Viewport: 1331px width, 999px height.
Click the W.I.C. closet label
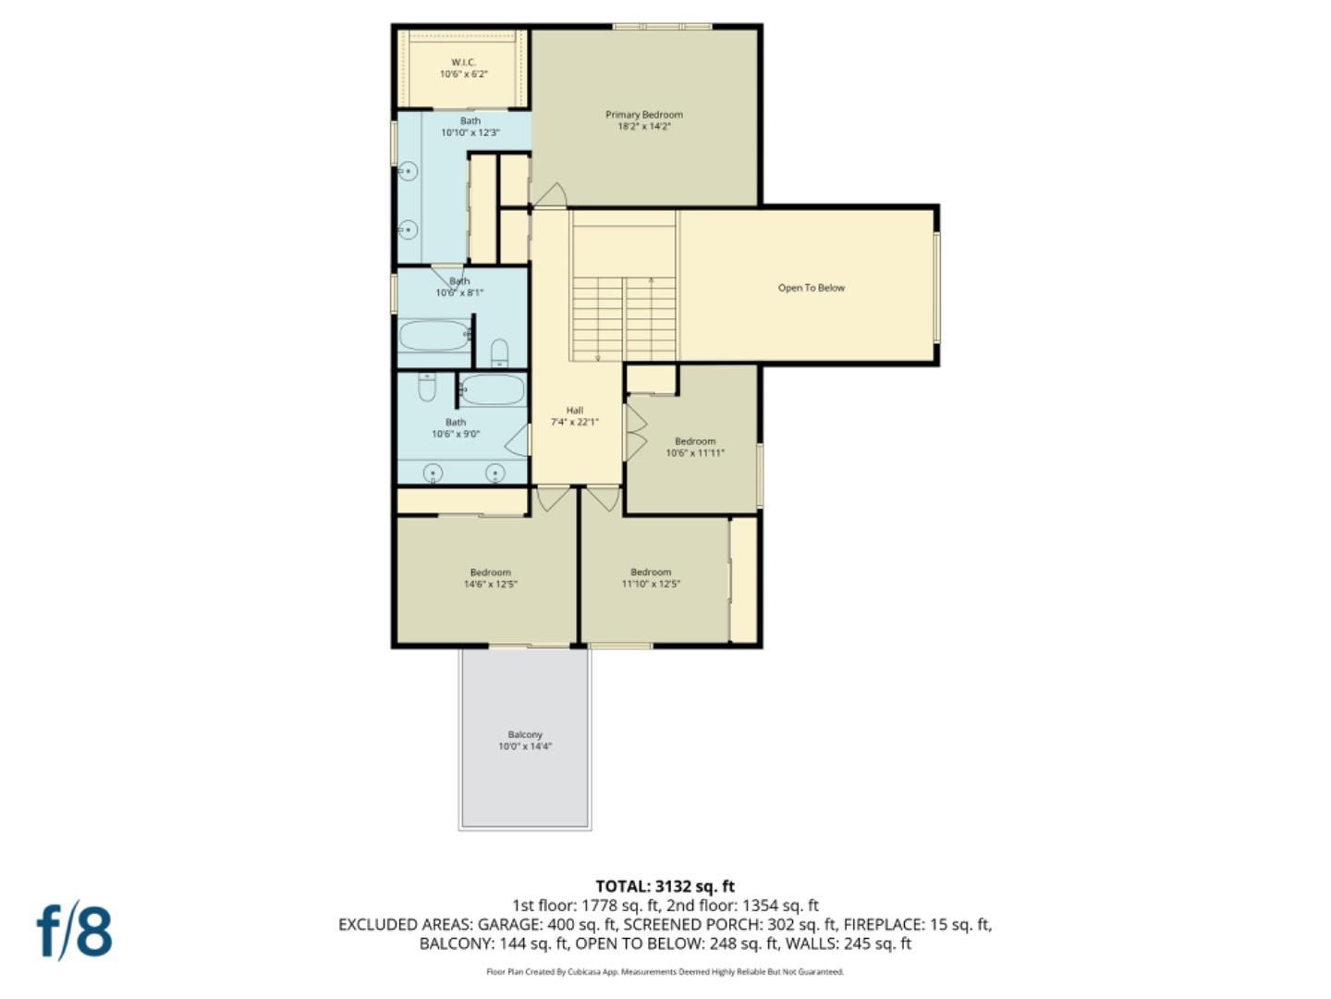click(x=463, y=62)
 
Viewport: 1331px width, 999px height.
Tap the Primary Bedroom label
click(x=644, y=115)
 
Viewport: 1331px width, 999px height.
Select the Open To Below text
click(x=811, y=288)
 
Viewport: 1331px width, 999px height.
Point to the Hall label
click(x=575, y=410)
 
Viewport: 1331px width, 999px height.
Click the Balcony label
click(x=525, y=734)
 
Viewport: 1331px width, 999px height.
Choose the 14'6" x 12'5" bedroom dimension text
click(x=490, y=584)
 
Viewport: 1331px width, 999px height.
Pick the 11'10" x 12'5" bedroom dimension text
click(x=651, y=584)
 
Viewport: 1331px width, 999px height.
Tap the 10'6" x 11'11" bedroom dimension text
click(x=695, y=453)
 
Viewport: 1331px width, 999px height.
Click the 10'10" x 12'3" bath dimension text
click(x=470, y=132)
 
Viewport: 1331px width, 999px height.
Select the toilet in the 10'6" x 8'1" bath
click(x=499, y=351)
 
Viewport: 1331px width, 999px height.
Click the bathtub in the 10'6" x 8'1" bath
click(x=434, y=335)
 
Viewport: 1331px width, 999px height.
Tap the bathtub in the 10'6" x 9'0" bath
click(x=493, y=389)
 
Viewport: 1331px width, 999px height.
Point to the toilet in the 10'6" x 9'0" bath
click(x=426, y=386)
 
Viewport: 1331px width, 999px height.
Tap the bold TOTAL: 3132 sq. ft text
click(x=665, y=886)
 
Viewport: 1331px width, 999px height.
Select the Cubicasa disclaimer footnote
click(x=665, y=971)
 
